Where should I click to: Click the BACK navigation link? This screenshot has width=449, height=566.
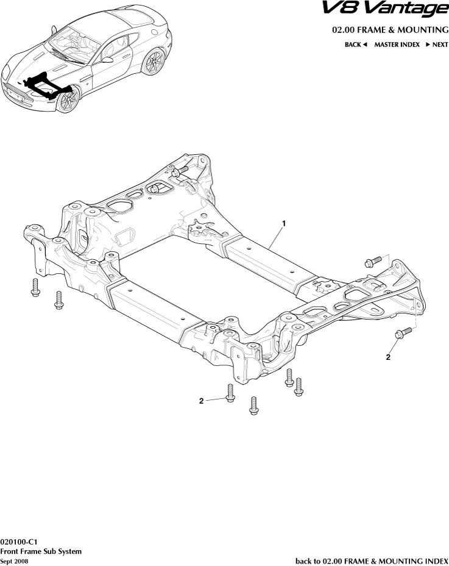(x=356, y=45)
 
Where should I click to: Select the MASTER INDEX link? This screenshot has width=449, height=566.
(x=397, y=45)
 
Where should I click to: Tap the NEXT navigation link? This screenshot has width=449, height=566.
(x=437, y=45)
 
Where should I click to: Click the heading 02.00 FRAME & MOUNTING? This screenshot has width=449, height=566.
(x=390, y=29)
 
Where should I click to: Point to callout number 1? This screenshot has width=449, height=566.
(x=284, y=224)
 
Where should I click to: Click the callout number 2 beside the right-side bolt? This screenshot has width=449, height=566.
(x=388, y=357)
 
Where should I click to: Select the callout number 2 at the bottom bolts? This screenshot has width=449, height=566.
(x=201, y=401)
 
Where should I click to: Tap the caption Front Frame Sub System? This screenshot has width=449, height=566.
(x=41, y=551)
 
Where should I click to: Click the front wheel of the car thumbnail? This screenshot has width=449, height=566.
(x=69, y=100)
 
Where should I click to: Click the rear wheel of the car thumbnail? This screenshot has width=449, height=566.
(x=154, y=61)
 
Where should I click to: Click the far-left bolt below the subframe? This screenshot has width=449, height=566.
(x=35, y=288)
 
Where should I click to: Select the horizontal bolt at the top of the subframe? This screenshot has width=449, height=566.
(x=179, y=172)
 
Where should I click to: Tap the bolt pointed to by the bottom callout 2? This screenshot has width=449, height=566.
(x=230, y=393)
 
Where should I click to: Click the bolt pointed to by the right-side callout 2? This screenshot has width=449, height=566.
(x=401, y=333)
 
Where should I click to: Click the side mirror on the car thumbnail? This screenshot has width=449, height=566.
(x=107, y=59)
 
